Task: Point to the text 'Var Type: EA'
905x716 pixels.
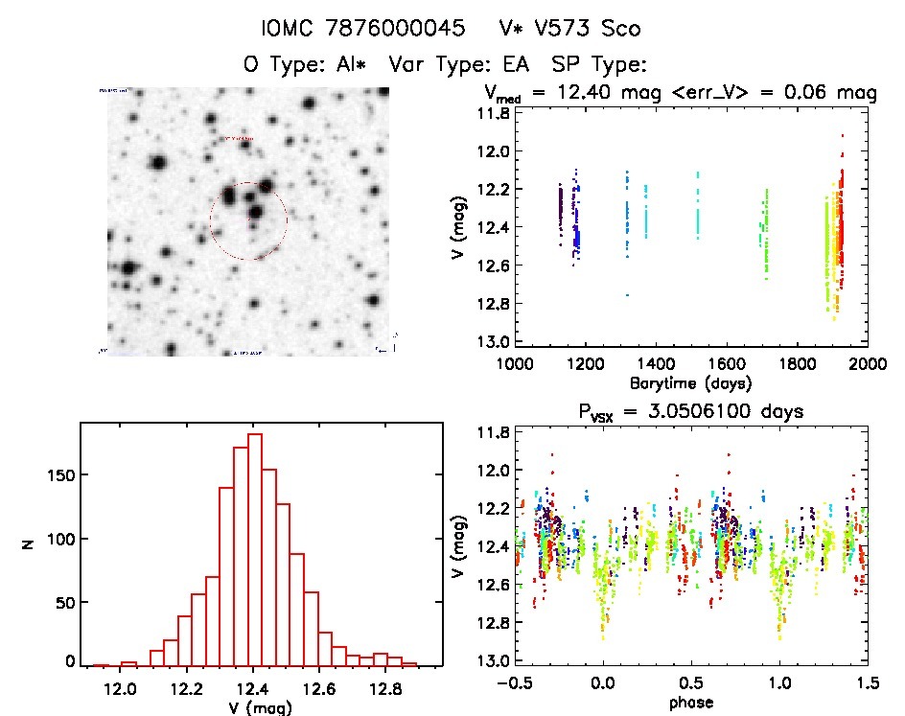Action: pyautogui.click(x=460, y=65)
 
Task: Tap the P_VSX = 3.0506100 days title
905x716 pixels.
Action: pyautogui.click(x=690, y=410)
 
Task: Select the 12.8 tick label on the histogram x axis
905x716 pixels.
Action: pyautogui.click(x=384, y=688)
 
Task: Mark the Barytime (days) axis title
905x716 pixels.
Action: pyautogui.click(x=690, y=382)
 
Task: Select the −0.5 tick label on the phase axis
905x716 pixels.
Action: pyautogui.click(x=515, y=683)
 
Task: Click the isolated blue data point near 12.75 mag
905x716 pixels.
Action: pyautogui.click(x=627, y=295)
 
